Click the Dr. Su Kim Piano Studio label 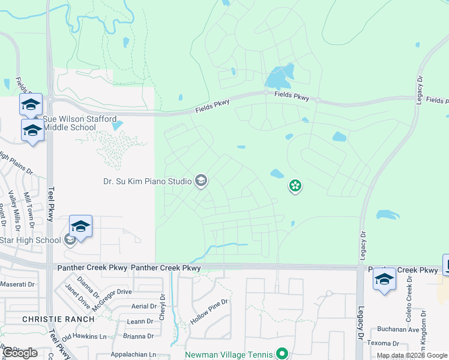pyautogui.click(x=145, y=181)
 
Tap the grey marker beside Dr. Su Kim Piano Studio pyautogui.click(x=201, y=181)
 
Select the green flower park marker pyautogui.click(x=295, y=186)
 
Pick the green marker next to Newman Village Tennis pyautogui.click(x=280, y=354)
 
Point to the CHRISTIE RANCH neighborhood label pyautogui.click(x=58, y=319)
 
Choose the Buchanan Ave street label pyautogui.click(x=397, y=329)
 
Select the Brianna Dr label pyautogui.click(x=133, y=336)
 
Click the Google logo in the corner pyautogui.click(x=20, y=353)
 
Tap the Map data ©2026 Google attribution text pyautogui.click(x=411, y=356)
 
